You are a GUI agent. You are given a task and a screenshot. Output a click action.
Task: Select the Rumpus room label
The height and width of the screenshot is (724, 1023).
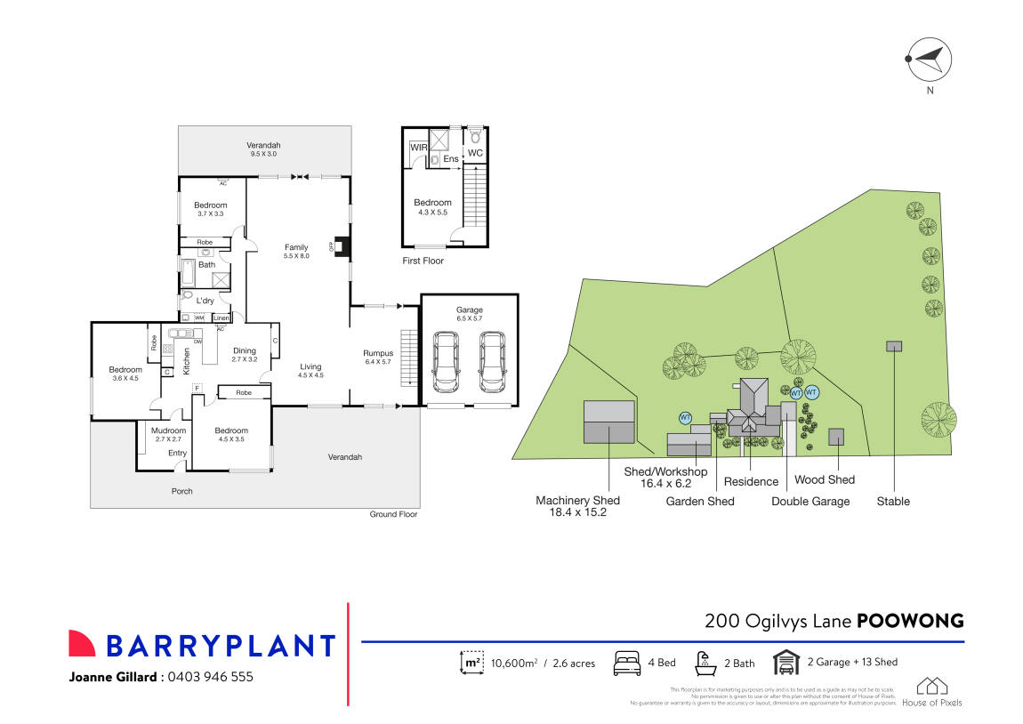pos(378,353)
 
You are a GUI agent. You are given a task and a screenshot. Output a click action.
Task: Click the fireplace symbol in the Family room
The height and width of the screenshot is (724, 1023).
pos(338,247)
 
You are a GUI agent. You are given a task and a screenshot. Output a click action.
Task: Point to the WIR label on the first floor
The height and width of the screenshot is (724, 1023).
pos(417,148)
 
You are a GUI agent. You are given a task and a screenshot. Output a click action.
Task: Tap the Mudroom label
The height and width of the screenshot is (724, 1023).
pos(170,430)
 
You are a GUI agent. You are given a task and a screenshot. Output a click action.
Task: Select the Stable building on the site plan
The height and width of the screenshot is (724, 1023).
pos(892,346)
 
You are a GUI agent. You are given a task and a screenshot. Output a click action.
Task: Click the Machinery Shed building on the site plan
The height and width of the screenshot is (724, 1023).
pos(608,421)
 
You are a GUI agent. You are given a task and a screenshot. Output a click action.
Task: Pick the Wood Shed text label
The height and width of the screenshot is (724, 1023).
pos(824,479)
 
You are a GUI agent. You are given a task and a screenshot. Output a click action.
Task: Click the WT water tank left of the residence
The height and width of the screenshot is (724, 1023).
pos(685,417)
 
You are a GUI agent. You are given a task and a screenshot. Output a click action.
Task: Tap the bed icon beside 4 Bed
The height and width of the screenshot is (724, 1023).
pos(627,663)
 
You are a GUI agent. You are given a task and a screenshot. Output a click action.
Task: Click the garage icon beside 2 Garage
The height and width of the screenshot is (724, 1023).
pos(785,663)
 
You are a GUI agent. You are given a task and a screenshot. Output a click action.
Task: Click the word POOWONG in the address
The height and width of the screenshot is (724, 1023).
pos(909,621)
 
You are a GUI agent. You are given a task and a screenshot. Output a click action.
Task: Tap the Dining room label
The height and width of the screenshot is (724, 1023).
pos(243,350)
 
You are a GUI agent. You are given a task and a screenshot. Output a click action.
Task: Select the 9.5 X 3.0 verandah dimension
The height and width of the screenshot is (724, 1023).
pos(263,155)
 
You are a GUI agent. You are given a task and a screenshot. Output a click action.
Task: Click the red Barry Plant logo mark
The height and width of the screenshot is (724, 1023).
pos(82,644)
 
